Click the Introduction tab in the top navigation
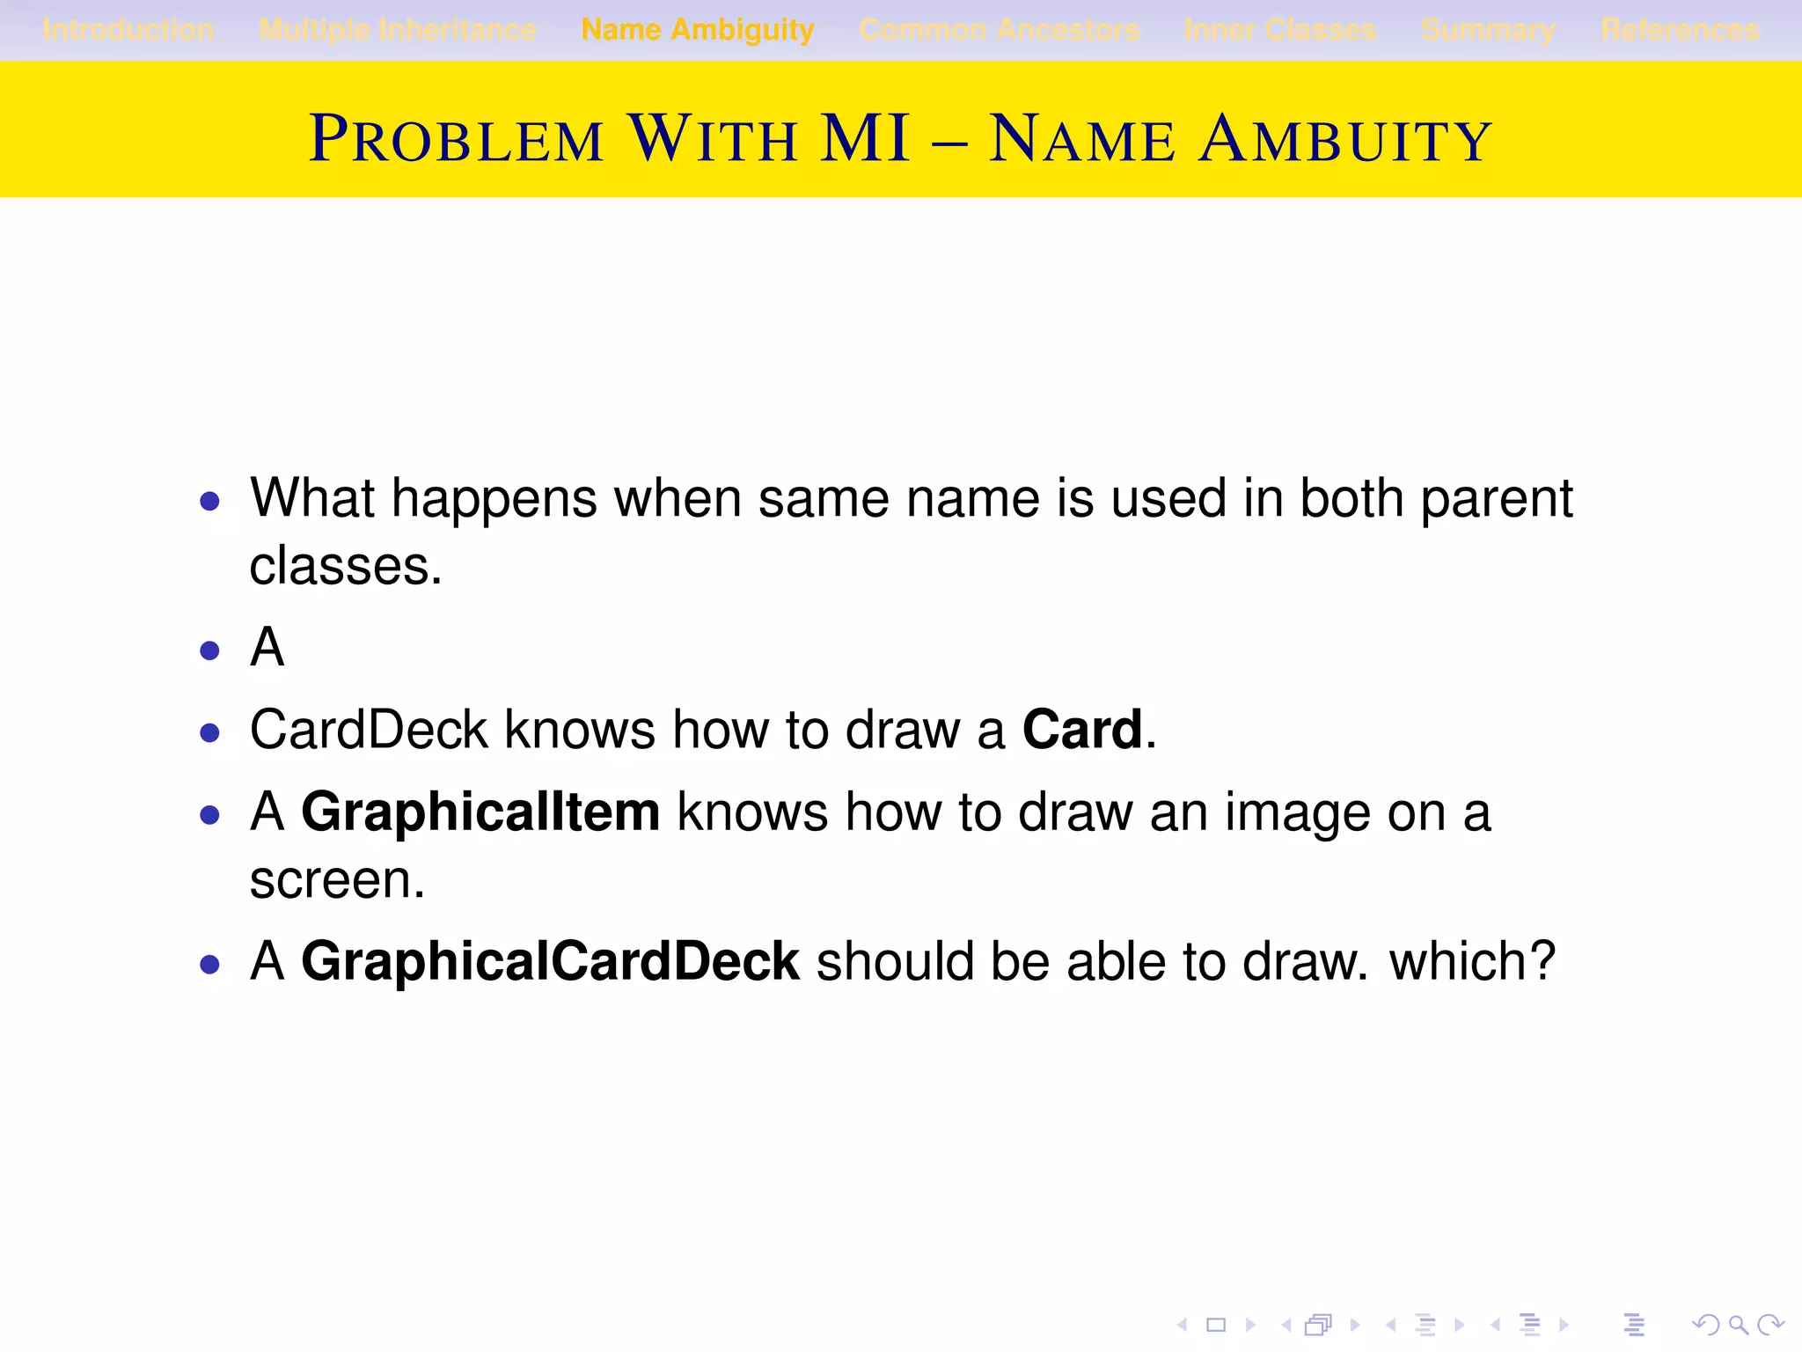[128, 30]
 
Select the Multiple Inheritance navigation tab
[398, 30]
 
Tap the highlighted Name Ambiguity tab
[698, 30]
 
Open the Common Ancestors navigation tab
[999, 30]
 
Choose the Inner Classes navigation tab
[1280, 30]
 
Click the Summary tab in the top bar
[1488, 30]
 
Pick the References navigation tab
[1680, 30]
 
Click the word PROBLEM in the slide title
[456, 139]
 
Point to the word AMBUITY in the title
[1345, 139]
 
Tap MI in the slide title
[864, 139]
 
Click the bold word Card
[1082, 730]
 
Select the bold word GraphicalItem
[480, 812]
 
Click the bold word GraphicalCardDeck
[550, 960]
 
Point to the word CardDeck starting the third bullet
[369, 730]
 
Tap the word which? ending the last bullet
[1472, 960]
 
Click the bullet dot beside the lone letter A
[209, 650]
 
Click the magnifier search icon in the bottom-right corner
[1738, 1324]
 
